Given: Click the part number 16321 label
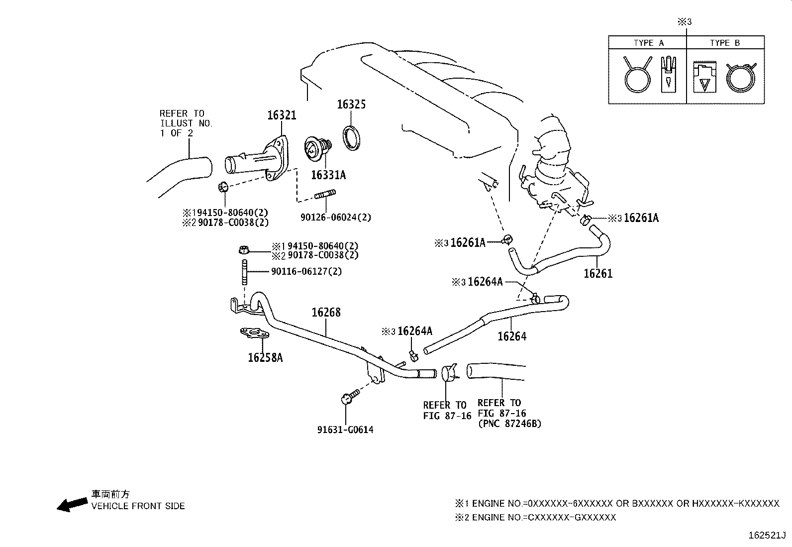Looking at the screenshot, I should [282, 115].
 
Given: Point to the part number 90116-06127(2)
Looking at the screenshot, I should [306, 271].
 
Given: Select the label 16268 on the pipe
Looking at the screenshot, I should [326, 313].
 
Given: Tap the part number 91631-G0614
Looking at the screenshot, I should [345, 430].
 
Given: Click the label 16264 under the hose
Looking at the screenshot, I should [512, 336].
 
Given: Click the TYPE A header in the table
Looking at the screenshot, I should [648, 43].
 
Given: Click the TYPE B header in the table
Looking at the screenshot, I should [725, 43].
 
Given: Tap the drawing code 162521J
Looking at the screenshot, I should [767, 536].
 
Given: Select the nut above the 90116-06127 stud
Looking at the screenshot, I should [244, 248].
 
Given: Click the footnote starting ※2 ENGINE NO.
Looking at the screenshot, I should [535, 518].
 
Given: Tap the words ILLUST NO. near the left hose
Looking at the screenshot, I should [186, 123].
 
